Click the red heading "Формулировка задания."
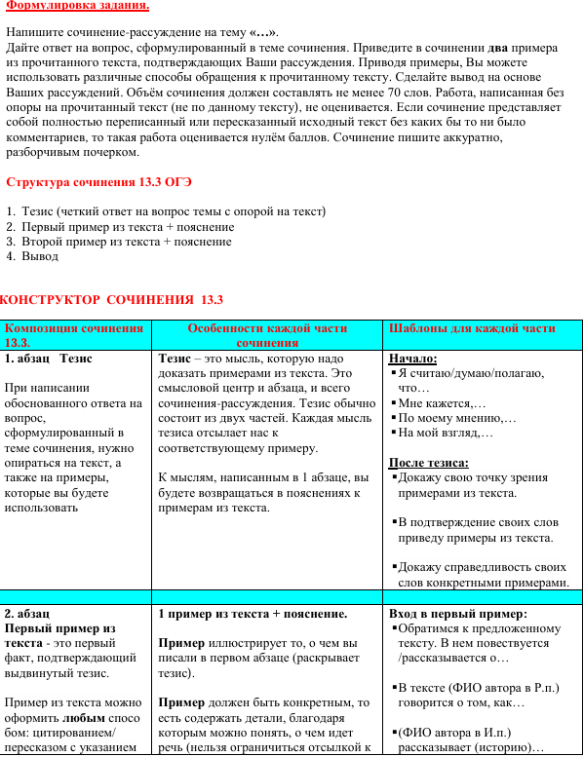pyautogui.click(x=78, y=6)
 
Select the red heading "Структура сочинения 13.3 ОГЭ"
pyautogui.click(x=98, y=182)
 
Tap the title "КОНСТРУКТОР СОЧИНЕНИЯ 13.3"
pyautogui.click(x=112, y=299)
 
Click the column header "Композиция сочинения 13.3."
pyautogui.click(x=74, y=335)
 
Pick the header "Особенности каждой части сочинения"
pyautogui.click(x=267, y=335)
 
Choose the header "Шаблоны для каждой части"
pyautogui.click(x=472, y=328)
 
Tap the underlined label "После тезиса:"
pyautogui.click(x=428, y=463)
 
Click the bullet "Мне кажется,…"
pyautogui.click(x=441, y=402)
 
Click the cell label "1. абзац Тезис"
pyautogui.click(x=49, y=359)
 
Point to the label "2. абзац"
pyautogui.click(x=27, y=614)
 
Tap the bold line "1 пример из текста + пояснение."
pyautogui.click(x=253, y=614)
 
